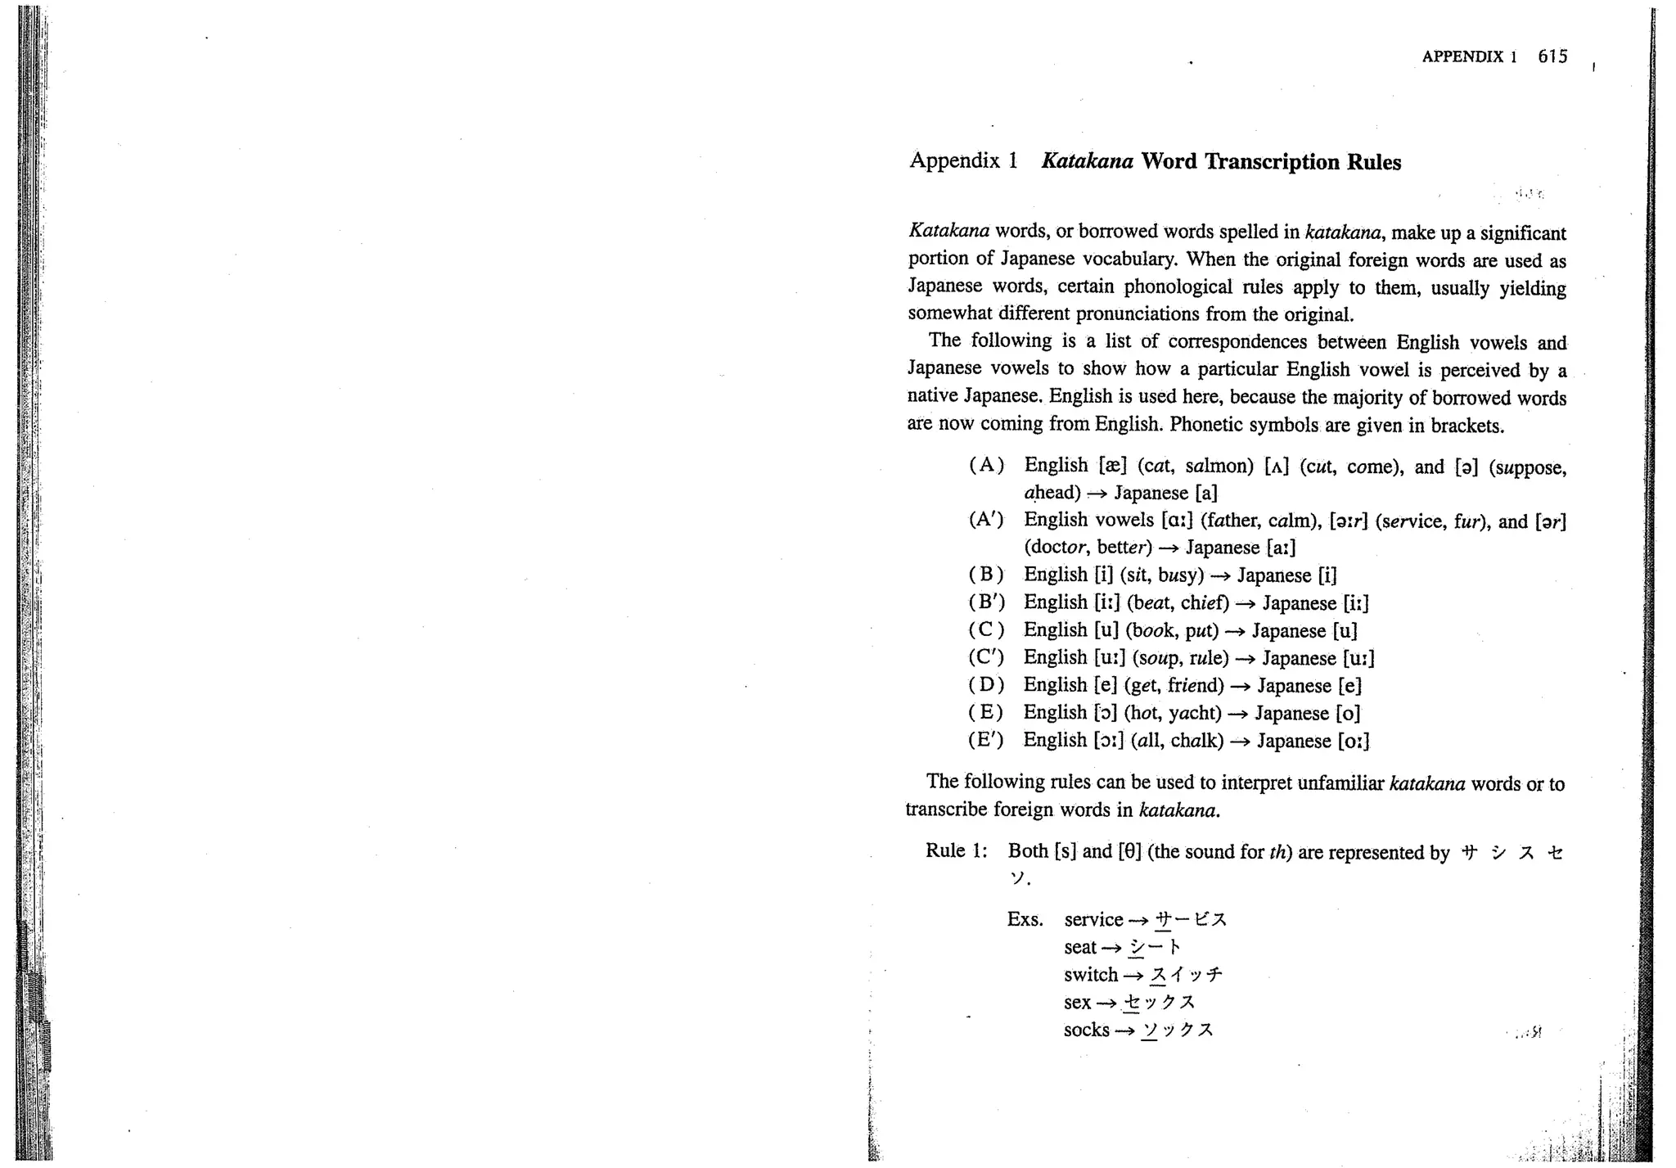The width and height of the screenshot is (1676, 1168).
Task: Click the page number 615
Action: click(x=1552, y=56)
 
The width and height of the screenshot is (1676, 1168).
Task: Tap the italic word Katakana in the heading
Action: click(x=1087, y=160)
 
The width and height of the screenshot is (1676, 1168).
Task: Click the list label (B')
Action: click(x=986, y=602)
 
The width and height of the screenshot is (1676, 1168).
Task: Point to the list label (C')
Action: click(x=986, y=657)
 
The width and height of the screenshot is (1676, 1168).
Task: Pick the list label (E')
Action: click(x=986, y=740)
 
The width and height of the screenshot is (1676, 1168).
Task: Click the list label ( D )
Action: click(x=986, y=685)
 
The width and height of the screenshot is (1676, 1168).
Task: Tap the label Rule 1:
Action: click(x=956, y=850)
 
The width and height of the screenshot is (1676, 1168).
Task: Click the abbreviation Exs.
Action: click(x=1025, y=919)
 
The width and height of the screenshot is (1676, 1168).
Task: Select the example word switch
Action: click(x=1091, y=974)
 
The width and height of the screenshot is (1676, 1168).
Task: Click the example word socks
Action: click(x=1086, y=1030)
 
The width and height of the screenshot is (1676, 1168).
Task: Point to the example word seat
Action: click(x=1079, y=947)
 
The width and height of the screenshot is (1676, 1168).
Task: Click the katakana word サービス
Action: click(x=1190, y=920)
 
